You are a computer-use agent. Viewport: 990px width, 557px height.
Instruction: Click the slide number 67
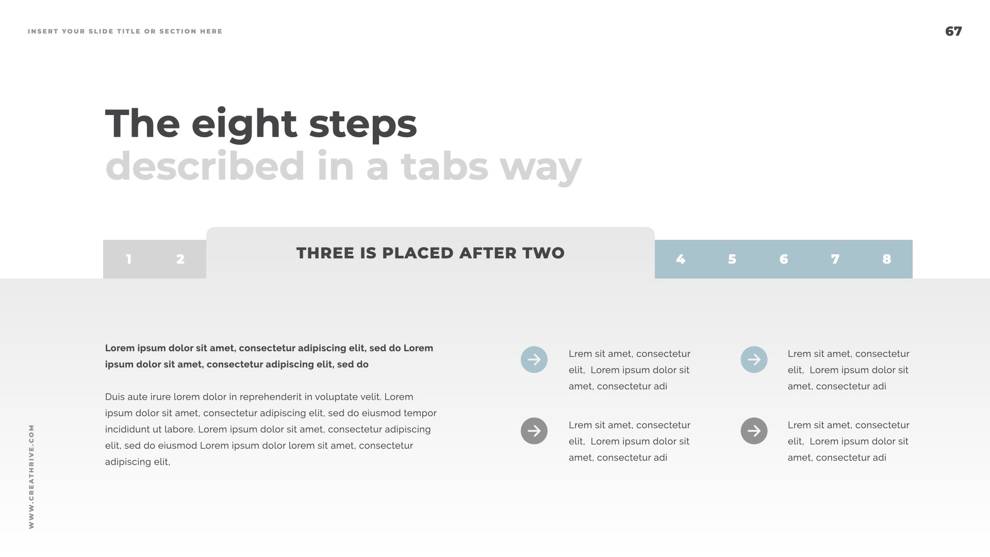[x=953, y=31]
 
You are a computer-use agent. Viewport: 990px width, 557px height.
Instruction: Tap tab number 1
[x=129, y=259]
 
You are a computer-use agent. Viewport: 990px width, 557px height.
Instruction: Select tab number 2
[x=180, y=259]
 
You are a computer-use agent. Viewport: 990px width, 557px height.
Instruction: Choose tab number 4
[x=681, y=259]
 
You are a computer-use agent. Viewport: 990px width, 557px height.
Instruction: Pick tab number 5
[x=732, y=259]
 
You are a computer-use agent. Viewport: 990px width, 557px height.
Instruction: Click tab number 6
[x=784, y=259]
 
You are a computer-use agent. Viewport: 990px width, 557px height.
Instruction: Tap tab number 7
[x=835, y=259]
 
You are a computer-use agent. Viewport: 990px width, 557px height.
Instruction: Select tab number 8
[x=887, y=259]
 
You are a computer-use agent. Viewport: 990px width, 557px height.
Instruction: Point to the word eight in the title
[x=244, y=125]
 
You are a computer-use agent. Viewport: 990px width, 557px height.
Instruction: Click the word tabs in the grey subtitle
[x=444, y=166]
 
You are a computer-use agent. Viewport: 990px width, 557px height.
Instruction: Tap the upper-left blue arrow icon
[x=534, y=359]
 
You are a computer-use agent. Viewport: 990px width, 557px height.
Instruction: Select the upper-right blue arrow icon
[x=754, y=359]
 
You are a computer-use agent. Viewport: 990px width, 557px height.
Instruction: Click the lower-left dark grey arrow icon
[x=534, y=431]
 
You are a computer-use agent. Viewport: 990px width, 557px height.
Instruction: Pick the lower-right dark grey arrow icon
[x=754, y=431]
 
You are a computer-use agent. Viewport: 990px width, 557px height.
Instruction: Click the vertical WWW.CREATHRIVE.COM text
[x=31, y=477]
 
